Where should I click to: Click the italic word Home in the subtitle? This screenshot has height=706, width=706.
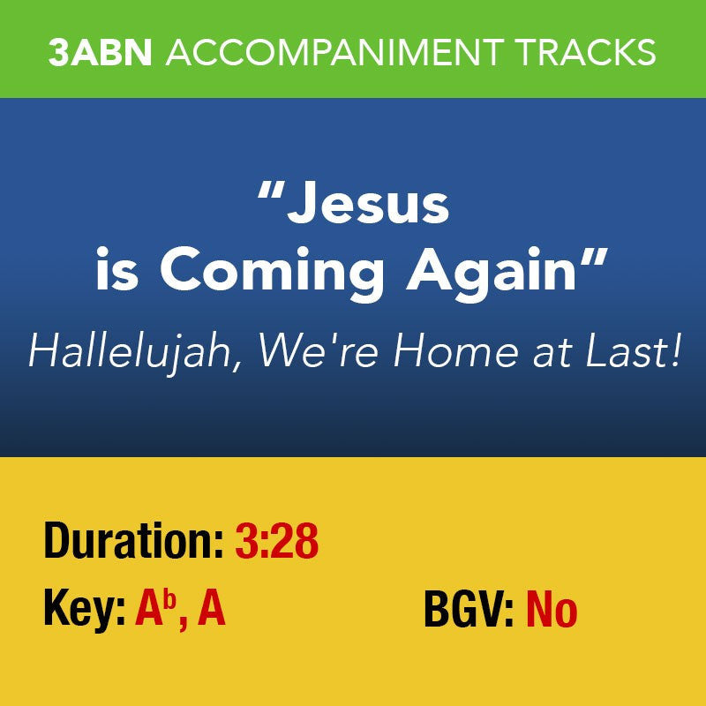447,351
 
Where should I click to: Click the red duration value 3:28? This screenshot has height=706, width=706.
276,541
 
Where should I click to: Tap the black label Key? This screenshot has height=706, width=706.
83,609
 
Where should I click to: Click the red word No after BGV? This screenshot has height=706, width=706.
552,609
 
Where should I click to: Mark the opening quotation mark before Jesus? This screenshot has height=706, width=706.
270,194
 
